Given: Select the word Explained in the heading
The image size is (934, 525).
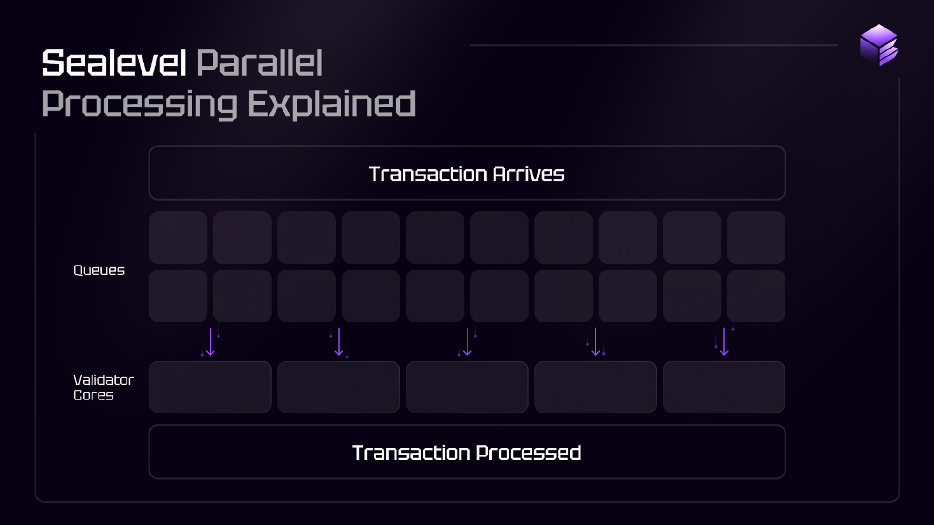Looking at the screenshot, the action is coord(332,104).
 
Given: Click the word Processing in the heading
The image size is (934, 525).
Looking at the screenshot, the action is coord(140,105).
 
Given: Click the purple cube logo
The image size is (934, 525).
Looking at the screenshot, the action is coord(879,45).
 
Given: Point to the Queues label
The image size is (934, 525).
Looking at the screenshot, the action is coord(99,270).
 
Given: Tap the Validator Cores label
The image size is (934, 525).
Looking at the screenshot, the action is coord(104,387).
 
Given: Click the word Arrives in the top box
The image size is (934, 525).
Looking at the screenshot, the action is coord(529,174).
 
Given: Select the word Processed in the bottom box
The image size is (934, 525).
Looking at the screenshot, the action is coord(529,453).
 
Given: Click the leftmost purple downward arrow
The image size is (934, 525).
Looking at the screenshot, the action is coord(210,342).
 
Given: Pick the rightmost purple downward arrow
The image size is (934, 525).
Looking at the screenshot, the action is coord(724,342).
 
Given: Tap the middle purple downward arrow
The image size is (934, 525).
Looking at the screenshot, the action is coord(467,342).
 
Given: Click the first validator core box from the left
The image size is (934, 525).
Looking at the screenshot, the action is coord(210,387).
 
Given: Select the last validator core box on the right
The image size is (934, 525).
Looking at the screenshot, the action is coord(724,387).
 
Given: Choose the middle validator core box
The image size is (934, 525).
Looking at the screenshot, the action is coord(467,387).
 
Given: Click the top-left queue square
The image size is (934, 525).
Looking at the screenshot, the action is coord(178,238).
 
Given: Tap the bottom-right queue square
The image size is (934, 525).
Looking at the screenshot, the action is coord(756,296).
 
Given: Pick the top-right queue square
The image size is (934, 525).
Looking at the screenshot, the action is coord(756,238).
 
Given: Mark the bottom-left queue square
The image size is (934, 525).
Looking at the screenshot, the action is coord(178,296).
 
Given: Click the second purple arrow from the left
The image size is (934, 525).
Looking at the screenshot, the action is coord(339,342).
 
